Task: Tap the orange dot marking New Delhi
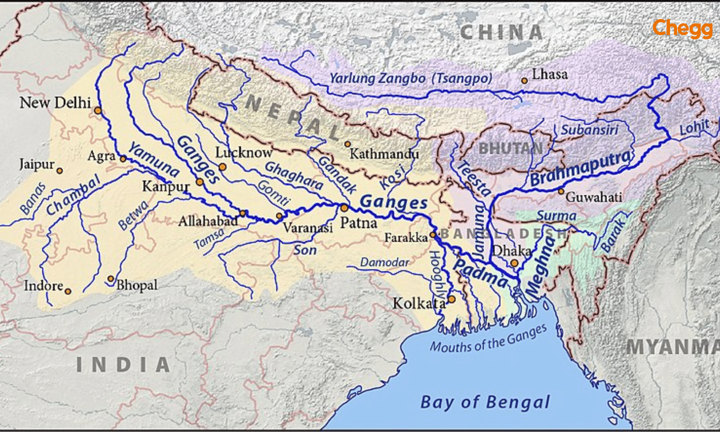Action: point(98,111)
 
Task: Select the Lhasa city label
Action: point(550,75)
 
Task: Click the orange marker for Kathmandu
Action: point(347,144)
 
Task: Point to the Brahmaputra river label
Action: point(581,168)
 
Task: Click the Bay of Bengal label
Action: point(485,402)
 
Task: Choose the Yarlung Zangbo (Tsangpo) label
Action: point(411,78)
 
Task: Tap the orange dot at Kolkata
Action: point(451,299)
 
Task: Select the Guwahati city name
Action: point(594,197)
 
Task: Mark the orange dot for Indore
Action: point(68,291)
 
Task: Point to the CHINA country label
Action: point(501,32)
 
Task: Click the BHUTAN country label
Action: point(510,148)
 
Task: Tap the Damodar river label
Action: point(384,262)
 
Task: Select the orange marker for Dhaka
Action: point(514,263)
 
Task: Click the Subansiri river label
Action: point(589,130)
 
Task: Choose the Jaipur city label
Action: point(36,165)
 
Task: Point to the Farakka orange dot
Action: point(433,235)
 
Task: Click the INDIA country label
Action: point(123,365)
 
